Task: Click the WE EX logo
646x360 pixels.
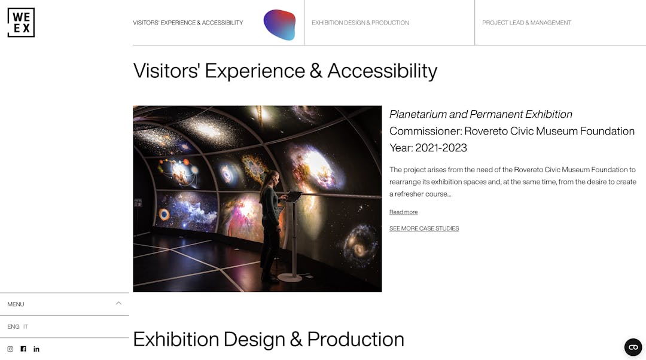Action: pyautogui.click(x=21, y=23)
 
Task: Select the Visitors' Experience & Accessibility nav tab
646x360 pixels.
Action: pyautogui.click(x=188, y=23)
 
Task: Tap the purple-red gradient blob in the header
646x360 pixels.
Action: pyautogui.click(x=280, y=25)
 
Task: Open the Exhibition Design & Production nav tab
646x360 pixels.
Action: pyautogui.click(x=360, y=23)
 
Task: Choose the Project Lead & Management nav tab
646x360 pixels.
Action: pyautogui.click(x=526, y=23)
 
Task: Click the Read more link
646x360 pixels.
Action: pyautogui.click(x=403, y=212)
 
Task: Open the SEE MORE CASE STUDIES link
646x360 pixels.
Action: pyautogui.click(x=424, y=228)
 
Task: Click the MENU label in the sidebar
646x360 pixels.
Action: pyautogui.click(x=16, y=304)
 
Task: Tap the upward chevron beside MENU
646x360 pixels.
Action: pyautogui.click(x=118, y=303)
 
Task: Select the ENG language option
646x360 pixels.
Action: pyautogui.click(x=13, y=327)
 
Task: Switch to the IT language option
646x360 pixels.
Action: pyautogui.click(x=26, y=327)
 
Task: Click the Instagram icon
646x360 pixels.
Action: pyautogui.click(x=10, y=349)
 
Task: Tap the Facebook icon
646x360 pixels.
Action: pyautogui.click(x=23, y=349)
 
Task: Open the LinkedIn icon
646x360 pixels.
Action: pyautogui.click(x=36, y=349)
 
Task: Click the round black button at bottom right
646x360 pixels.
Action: pyautogui.click(x=633, y=347)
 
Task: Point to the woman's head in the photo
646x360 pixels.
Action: pyautogui.click(x=273, y=178)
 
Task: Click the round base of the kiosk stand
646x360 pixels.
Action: pyautogui.click(x=290, y=277)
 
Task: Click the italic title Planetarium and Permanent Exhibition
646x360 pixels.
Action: pyautogui.click(x=481, y=114)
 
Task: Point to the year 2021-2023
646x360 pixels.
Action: pyautogui.click(x=441, y=148)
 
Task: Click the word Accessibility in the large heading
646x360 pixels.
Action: pyautogui.click(x=382, y=71)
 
